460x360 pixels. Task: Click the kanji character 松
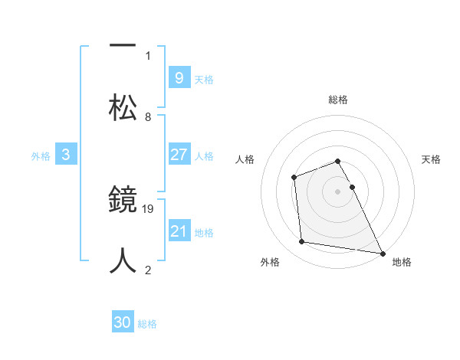[123, 107]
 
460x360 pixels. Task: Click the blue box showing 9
[179, 77]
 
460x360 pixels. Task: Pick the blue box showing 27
[179, 155]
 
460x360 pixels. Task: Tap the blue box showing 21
[179, 231]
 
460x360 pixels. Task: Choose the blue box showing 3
[66, 155]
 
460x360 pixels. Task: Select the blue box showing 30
[123, 322]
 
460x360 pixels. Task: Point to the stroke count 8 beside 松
[148, 117]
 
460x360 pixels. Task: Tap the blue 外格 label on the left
[41, 155]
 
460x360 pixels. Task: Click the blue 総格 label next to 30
[147, 324]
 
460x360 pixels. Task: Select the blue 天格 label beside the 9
[204, 80]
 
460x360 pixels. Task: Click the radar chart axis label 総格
[338, 100]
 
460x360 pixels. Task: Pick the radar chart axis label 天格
[432, 159]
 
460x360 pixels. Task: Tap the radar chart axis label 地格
[402, 262]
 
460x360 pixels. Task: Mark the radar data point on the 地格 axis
[383, 254]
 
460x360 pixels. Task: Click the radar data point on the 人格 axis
[294, 178]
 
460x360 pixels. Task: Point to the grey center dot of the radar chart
[338, 191]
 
